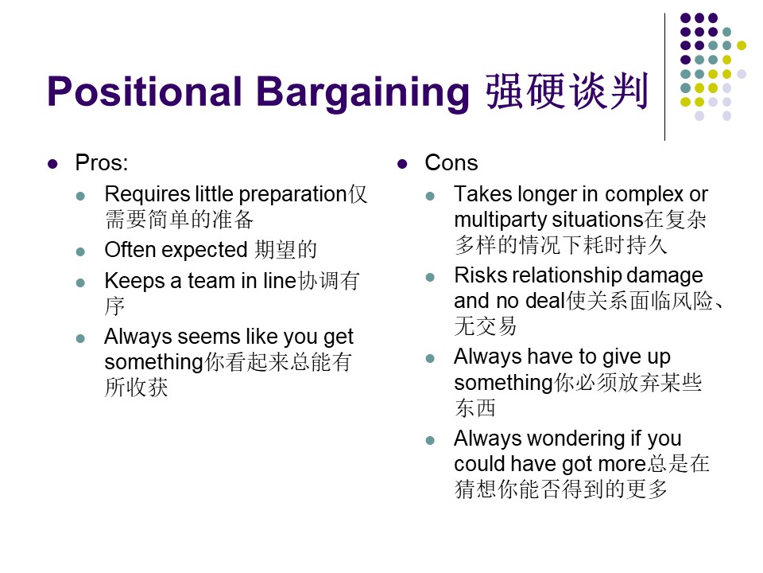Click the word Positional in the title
(144, 91)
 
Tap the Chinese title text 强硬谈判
(567, 91)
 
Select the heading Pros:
(101, 162)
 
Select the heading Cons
(451, 162)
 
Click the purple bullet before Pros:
(52, 164)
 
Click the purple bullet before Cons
(402, 164)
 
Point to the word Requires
(147, 194)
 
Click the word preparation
(293, 195)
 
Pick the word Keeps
(135, 282)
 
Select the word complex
(645, 195)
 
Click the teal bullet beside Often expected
(81, 252)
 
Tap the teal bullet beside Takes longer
(430, 197)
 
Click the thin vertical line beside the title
(664, 77)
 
